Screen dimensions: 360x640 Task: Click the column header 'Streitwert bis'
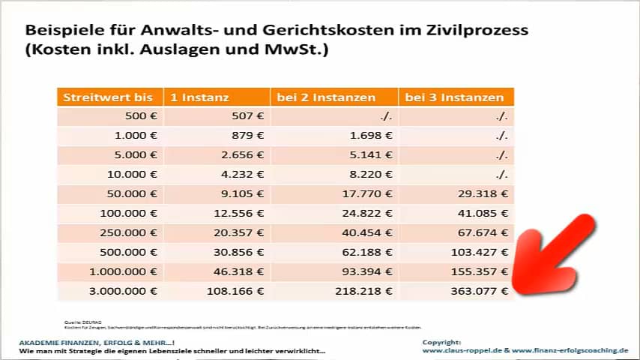coord(108,97)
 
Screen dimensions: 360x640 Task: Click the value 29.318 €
coord(483,193)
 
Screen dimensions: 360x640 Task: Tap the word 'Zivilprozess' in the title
coord(479,31)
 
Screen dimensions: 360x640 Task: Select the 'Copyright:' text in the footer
coord(443,342)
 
